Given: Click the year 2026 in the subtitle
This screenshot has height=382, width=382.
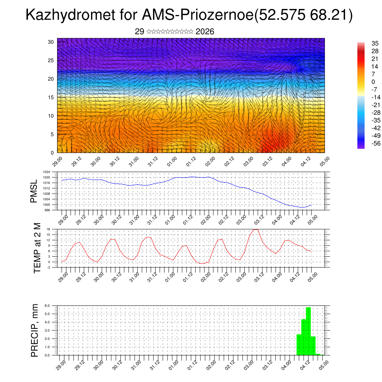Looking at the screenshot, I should point(205,32).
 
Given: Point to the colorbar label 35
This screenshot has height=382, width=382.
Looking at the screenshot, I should point(375,43).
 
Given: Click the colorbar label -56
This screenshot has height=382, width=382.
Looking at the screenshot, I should point(375,143).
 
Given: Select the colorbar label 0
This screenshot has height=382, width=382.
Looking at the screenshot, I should point(373,81).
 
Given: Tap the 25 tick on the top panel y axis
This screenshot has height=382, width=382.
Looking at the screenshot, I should point(51,60).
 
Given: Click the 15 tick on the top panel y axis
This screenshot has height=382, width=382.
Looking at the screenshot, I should point(51,97).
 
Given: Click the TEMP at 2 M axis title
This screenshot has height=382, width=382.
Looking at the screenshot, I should point(37,248).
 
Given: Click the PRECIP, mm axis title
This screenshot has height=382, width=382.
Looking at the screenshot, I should point(35,330).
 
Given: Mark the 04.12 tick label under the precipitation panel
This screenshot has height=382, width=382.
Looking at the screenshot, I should point(306,365).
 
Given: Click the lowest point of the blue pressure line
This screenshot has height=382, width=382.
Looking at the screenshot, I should point(303,207).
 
